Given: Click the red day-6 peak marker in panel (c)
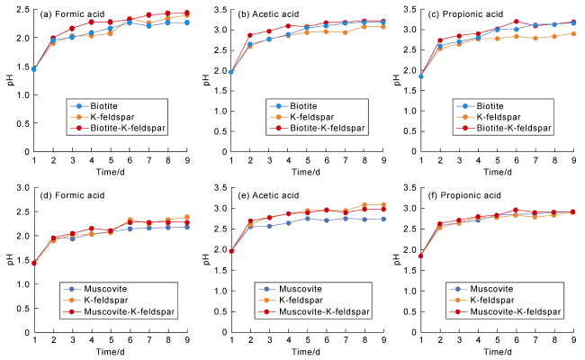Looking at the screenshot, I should (517, 22).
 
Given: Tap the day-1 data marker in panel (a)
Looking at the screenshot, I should (34, 69).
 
